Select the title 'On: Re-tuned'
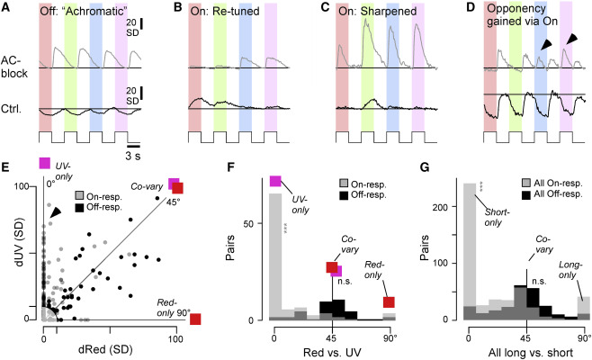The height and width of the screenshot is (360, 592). (225, 12)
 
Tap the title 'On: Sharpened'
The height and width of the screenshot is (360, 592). (377, 12)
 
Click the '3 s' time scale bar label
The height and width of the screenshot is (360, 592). (133, 156)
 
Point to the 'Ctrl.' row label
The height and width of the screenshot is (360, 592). (12, 109)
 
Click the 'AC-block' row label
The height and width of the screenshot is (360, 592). (14, 67)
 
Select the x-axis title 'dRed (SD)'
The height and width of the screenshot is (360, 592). (105, 350)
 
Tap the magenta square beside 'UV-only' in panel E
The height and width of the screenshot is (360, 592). (45, 163)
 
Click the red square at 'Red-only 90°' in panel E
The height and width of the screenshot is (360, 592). (195, 319)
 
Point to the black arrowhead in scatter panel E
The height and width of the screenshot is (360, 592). (56, 212)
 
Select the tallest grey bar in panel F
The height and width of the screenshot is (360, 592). (275, 256)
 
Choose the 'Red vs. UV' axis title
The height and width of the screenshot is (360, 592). (332, 352)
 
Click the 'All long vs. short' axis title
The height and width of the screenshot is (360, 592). (531, 353)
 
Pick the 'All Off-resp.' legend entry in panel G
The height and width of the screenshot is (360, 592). (552, 194)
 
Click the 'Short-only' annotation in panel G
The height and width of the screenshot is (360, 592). (498, 218)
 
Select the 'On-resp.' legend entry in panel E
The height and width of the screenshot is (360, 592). (99, 196)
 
